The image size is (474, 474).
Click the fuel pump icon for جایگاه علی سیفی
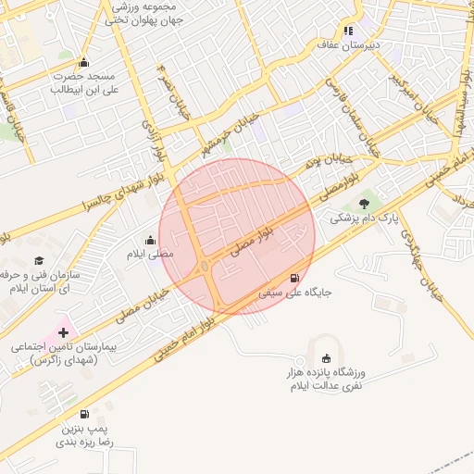coord(295,278)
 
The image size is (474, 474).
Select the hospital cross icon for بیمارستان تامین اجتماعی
coord(64,331)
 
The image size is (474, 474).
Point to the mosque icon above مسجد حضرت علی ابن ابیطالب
coord(84,63)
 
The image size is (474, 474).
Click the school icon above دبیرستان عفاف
coord(348,30)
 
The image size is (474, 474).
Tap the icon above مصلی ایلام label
coord(151,241)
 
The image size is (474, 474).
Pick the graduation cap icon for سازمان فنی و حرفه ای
coord(39,261)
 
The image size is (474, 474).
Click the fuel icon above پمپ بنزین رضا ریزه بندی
coord(84,415)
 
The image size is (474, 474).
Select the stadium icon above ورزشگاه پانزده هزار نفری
coord(325,358)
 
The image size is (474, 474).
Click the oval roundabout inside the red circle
coord(204,268)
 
